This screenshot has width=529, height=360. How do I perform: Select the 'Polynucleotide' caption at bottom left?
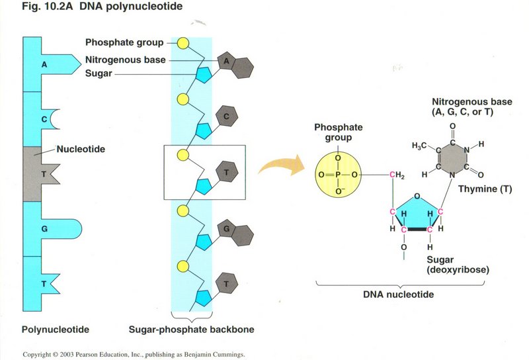(56, 329)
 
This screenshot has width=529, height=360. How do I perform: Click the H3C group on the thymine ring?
(421, 145)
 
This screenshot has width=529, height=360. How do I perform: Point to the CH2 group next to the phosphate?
(397, 174)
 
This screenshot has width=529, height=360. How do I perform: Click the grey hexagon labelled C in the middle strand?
(227, 116)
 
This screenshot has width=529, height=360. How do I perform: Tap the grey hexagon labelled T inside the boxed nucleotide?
(227, 172)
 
